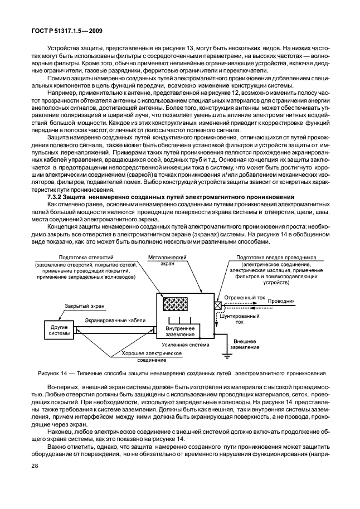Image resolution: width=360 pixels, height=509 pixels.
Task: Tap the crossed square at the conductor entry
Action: pos(217,305)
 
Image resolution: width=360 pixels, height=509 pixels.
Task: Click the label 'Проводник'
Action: pos(281,300)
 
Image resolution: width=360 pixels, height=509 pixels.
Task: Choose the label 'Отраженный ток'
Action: pos(245,298)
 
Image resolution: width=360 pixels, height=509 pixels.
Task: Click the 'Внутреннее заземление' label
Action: pos(179,331)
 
